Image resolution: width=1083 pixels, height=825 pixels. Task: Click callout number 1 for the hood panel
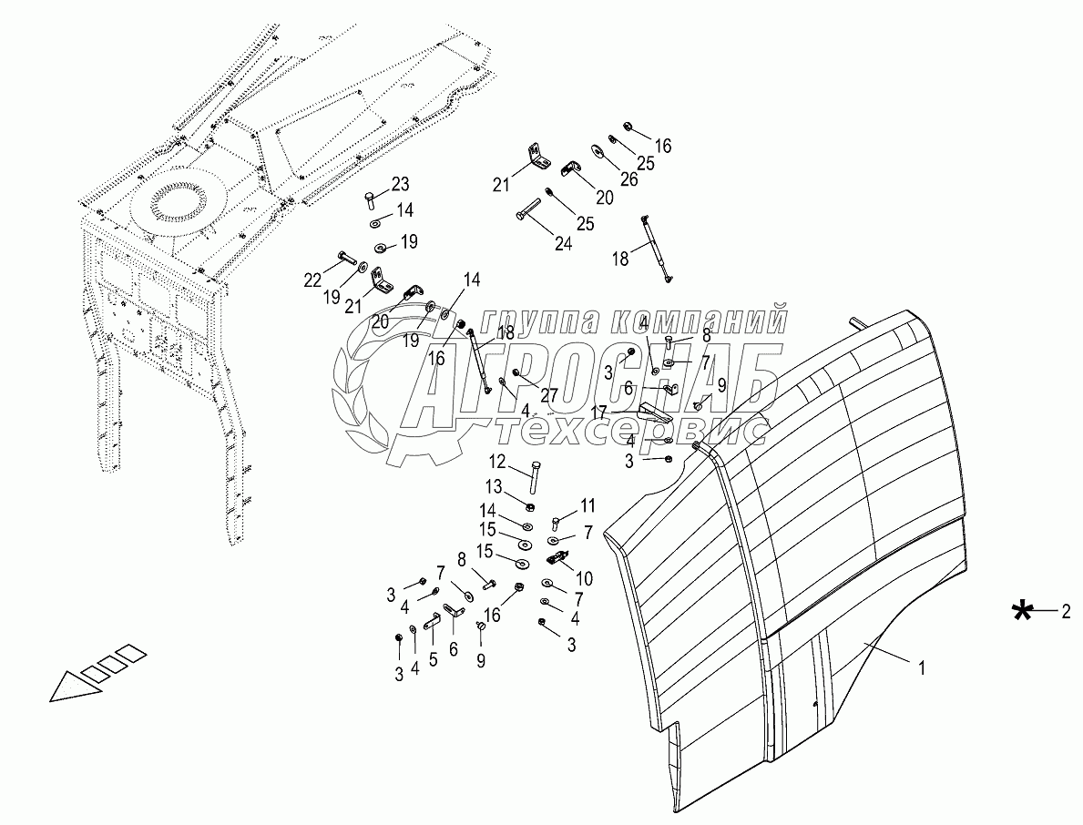click(x=922, y=667)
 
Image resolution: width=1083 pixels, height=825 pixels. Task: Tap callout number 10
click(x=584, y=578)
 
